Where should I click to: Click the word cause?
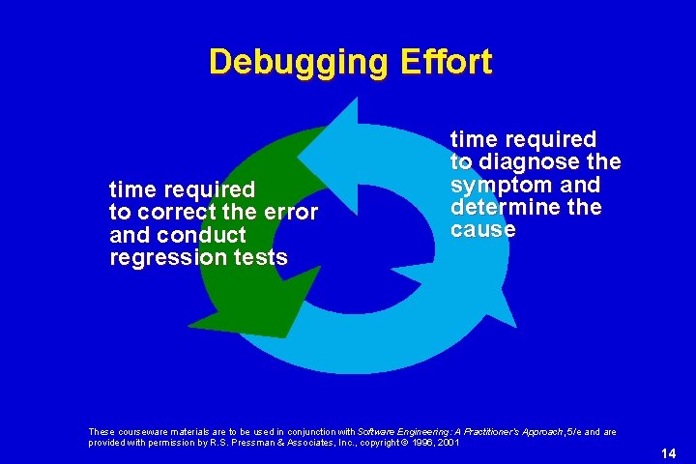pos(483,230)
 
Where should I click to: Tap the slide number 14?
pos(668,453)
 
